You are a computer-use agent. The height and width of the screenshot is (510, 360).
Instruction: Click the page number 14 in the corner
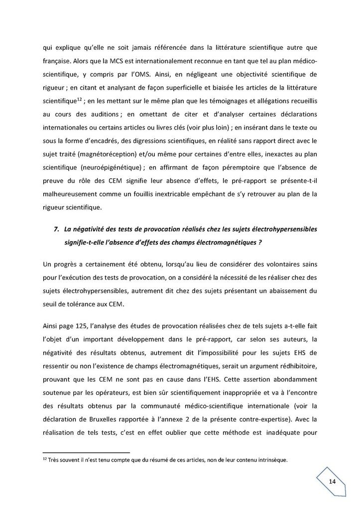pyautogui.click(x=332, y=481)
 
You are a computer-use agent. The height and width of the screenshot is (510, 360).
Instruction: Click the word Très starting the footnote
pyautogui.click(x=51, y=460)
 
